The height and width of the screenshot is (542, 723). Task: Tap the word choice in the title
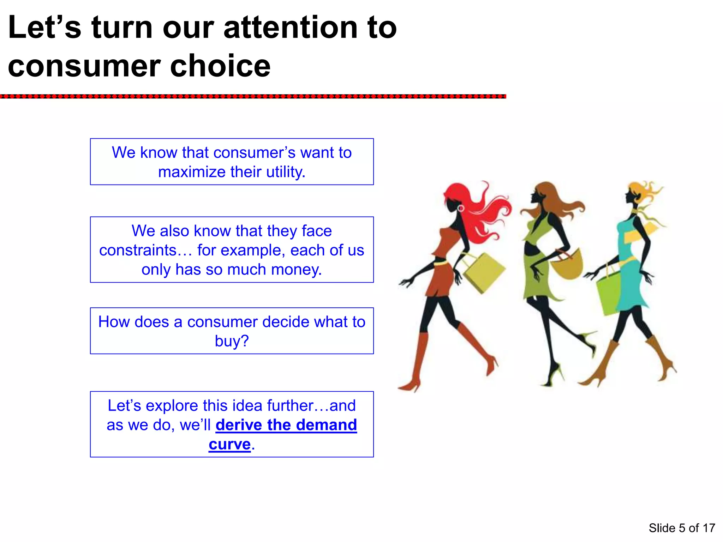[x=220, y=66]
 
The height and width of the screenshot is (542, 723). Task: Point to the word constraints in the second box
[x=138, y=250]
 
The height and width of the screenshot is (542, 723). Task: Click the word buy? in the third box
[x=232, y=341]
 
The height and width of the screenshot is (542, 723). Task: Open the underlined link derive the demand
[x=286, y=425]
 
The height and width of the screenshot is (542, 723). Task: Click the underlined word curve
[x=229, y=444]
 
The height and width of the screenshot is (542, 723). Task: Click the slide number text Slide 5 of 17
[x=682, y=528]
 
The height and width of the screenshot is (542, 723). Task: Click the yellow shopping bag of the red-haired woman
[x=484, y=272]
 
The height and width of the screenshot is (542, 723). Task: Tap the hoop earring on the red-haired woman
[x=461, y=209]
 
